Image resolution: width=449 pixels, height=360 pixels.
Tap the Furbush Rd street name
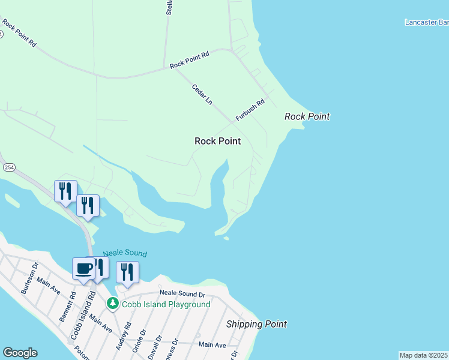[x=250, y=110]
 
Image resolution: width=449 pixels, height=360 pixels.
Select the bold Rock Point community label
[x=217, y=141]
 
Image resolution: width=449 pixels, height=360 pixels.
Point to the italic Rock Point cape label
[x=307, y=116]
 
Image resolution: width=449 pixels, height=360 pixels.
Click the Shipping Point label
[x=256, y=324]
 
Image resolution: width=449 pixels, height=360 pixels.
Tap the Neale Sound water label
[x=125, y=254]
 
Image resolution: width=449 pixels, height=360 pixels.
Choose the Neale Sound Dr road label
[x=182, y=294]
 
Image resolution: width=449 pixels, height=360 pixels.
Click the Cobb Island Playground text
[x=166, y=304]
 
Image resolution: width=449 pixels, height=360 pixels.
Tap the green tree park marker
[x=113, y=304]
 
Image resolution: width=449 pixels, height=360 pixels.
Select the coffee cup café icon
[x=83, y=268]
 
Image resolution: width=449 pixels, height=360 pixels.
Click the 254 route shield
[x=8, y=166]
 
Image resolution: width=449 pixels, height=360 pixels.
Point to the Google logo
[x=20, y=353]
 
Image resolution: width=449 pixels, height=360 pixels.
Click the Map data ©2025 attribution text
[x=423, y=355]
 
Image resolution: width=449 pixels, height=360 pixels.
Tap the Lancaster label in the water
[x=426, y=22]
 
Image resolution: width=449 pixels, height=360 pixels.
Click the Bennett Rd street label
[x=67, y=307]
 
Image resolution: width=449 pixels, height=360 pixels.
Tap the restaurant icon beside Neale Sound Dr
[x=127, y=272]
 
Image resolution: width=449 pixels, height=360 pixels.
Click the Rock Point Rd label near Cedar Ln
[x=189, y=60]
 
